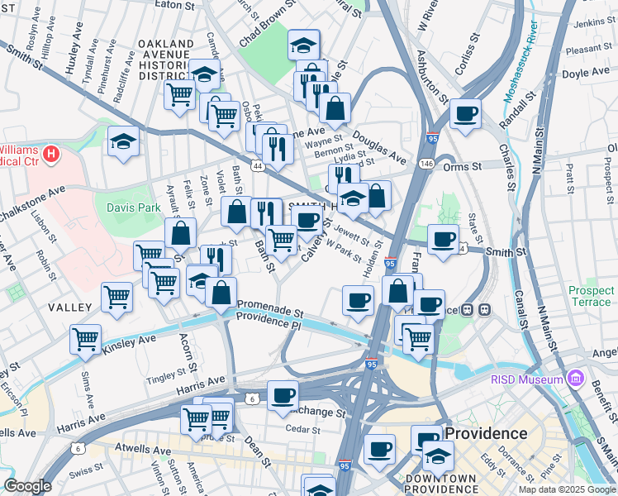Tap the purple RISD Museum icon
577,380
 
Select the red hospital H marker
51,154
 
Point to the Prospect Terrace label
591,297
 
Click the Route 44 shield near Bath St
258,166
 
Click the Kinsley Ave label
128,340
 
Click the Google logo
27,486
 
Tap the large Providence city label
487,433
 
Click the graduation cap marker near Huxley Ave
122,141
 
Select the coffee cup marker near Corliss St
465,114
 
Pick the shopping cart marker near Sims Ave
85,338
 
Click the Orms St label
465,166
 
